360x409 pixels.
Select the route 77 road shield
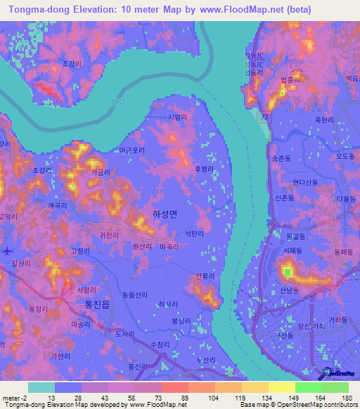tap(263, 115)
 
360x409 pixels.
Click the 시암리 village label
tap(178, 119)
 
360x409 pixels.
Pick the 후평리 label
tap(205, 169)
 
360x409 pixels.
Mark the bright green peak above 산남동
tap(287, 271)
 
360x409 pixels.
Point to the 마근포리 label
tap(132, 150)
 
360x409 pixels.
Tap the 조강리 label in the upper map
tap(72, 64)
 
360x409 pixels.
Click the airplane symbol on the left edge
tap(7, 251)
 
